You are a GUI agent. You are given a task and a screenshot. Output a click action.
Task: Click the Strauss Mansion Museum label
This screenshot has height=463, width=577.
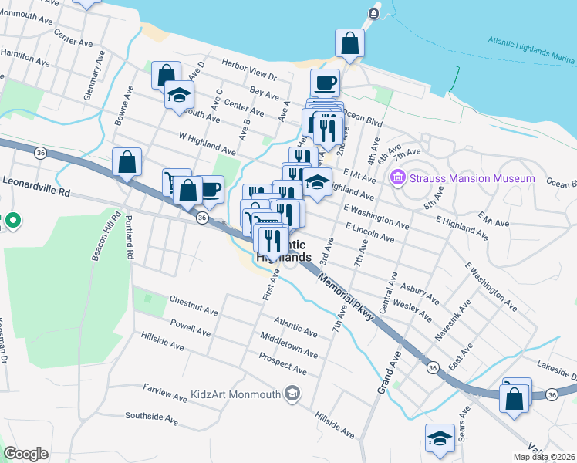point(472,179)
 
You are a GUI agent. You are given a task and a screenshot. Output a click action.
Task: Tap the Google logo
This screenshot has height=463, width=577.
point(26,454)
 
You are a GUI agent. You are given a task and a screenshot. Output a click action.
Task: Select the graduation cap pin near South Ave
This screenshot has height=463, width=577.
point(179,96)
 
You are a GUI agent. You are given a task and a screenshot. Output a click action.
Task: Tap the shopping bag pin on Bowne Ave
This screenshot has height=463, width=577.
point(127,162)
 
